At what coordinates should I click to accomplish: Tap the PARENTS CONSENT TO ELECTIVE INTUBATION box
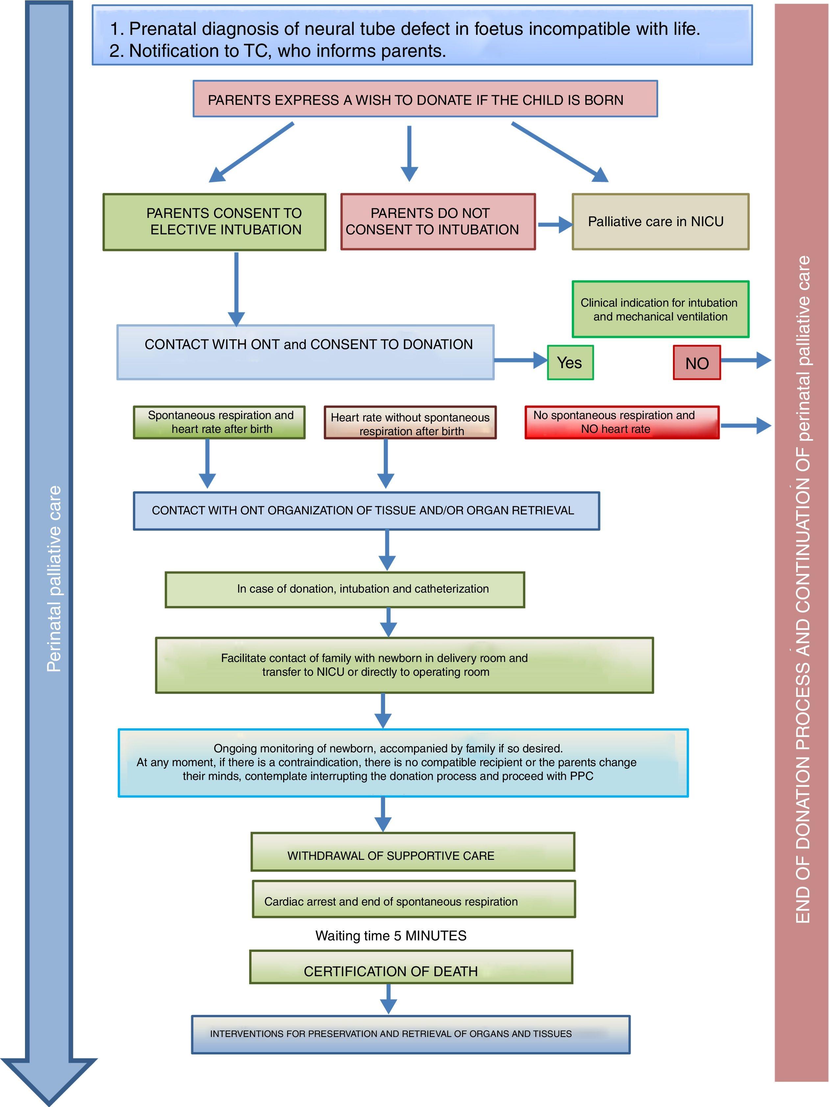pyautogui.click(x=214, y=222)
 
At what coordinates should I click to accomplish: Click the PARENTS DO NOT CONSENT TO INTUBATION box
pyautogui.click(x=438, y=222)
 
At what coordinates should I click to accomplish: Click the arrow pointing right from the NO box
pyautogui.click(x=746, y=360)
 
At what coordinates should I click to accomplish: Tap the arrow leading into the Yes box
pyautogui.click(x=521, y=360)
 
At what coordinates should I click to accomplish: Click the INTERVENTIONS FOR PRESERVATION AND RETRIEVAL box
pyautogui.click(x=410, y=1033)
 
